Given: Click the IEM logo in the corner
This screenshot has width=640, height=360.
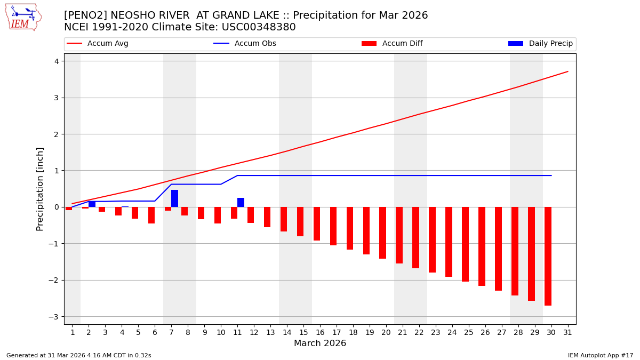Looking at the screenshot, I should [x=23, y=17].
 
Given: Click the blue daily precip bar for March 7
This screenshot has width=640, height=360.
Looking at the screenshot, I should [x=174, y=198].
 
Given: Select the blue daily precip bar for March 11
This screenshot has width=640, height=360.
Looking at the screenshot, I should [x=241, y=203].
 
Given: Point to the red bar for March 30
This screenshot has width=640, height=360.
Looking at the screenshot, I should [x=548, y=256].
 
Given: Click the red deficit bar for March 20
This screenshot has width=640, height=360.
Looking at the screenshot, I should [x=382, y=233].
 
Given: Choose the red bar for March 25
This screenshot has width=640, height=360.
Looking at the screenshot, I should [x=465, y=244].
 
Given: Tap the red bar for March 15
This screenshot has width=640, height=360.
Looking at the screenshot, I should [x=300, y=221].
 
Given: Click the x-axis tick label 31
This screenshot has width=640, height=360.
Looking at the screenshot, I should [x=567, y=332].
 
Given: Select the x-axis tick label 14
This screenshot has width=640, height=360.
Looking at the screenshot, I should [x=287, y=332].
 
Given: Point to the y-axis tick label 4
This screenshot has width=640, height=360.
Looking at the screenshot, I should [x=56, y=61].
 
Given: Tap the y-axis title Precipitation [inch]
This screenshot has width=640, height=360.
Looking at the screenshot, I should [x=40, y=189].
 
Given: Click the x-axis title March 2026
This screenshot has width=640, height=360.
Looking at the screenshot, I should [x=320, y=343].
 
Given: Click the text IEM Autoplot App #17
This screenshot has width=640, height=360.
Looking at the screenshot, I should [x=600, y=355].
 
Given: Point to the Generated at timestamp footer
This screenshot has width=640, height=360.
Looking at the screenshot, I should [x=79, y=355].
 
